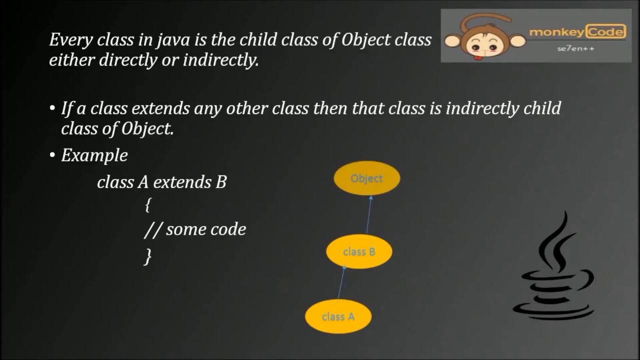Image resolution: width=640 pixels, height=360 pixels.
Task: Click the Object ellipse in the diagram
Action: click(x=366, y=178)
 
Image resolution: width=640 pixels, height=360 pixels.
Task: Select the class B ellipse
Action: click(x=359, y=252)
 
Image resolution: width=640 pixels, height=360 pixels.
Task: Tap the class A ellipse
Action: click(x=338, y=316)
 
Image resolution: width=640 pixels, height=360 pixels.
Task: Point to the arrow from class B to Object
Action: click(x=369, y=215)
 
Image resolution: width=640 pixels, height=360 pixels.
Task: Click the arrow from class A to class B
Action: click(x=341, y=282)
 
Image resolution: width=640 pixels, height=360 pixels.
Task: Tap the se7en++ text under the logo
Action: click(x=575, y=49)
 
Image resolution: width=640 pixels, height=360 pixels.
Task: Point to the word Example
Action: click(x=94, y=155)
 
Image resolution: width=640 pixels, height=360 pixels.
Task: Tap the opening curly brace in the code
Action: click(x=147, y=205)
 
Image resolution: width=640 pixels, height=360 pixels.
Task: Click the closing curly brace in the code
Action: click(x=147, y=256)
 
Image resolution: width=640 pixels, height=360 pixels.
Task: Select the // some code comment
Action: click(x=195, y=229)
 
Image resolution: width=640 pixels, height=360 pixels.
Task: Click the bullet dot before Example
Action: click(x=52, y=155)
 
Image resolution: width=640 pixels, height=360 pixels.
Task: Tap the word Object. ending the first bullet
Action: click(x=147, y=129)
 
